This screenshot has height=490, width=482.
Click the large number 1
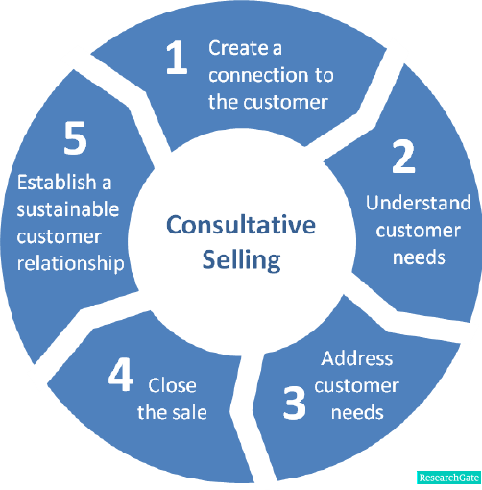[x=177, y=58]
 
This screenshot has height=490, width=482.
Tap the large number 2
[x=403, y=157]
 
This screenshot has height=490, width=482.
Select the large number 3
[x=295, y=403]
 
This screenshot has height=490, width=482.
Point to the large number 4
[x=121, y=375]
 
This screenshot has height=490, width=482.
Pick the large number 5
[x=75, y=138]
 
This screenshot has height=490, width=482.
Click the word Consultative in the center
[x=241, y=225]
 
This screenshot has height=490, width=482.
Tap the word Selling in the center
[x=242, y=259]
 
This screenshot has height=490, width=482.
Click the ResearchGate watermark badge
[x=449, y=478]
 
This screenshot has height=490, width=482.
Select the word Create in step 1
[x=238, y=48]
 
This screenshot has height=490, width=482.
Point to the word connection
[x=258, y=75]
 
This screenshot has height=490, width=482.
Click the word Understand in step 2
[x=419, y=203]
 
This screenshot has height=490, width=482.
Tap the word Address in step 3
[x=357, y=358]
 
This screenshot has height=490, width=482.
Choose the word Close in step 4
[x=172, y=385]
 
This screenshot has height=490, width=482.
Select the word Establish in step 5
[x=57, y=183]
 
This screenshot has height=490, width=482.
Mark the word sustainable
[x=68, y=209]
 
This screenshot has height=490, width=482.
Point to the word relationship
[x=70, y=264]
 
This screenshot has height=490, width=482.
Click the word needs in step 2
[x=419, y=257]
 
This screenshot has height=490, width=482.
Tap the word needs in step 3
[x=357, y=412]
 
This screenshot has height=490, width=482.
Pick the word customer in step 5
[x=60, y=237]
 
